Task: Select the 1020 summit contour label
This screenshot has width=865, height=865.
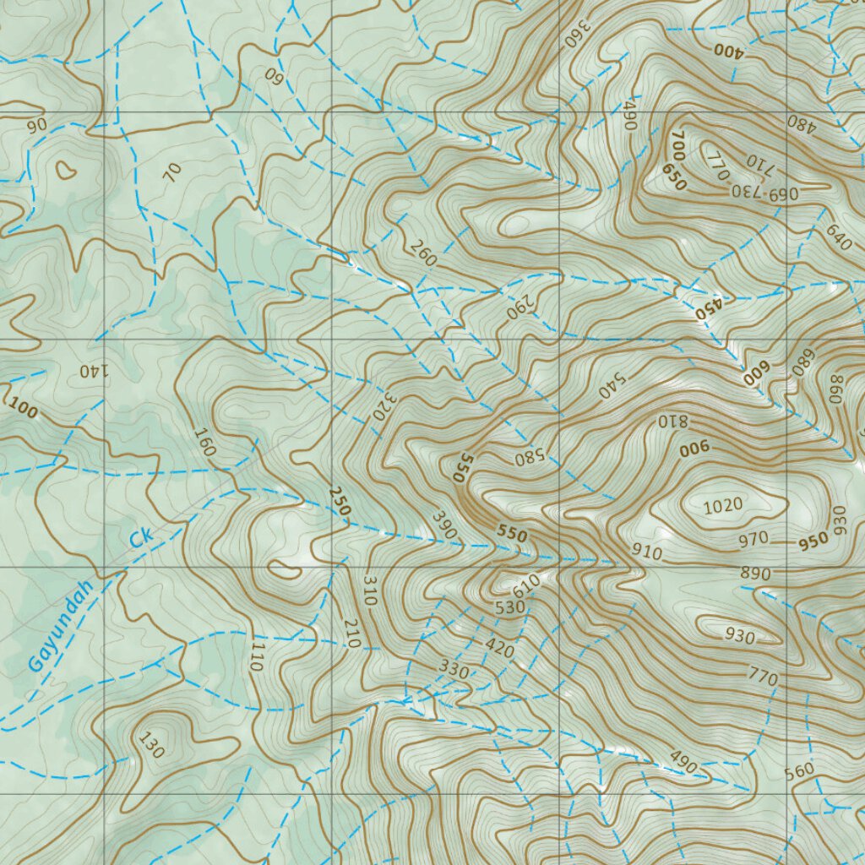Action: pos(723,506)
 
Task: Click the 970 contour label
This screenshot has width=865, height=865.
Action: pos(753,538)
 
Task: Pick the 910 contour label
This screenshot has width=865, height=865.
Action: pos(647,552)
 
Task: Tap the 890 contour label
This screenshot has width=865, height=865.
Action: pos(755,574)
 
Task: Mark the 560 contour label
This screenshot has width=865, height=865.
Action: pos(798,770)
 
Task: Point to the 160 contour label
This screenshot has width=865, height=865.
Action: pos(204,443)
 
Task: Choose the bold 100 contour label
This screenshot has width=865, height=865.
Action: pos(23,411)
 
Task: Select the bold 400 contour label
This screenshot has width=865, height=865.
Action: pos(728,50)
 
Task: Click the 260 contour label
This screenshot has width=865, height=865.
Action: pos(422,253)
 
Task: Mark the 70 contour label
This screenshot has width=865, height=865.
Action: pos(172,173)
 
